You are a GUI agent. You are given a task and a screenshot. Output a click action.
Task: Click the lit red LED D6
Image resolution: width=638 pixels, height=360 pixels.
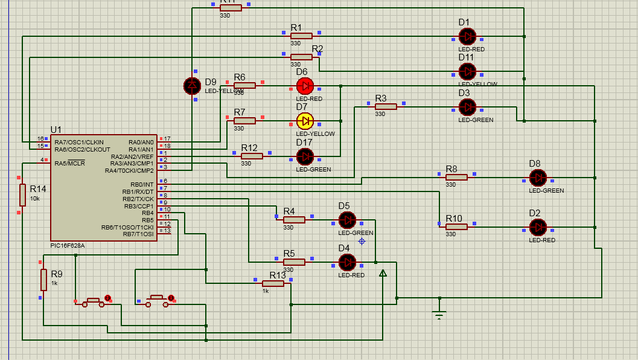tap(305, 85)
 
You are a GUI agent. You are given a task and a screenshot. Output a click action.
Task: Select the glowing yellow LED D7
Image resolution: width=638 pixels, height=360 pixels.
tap(305, 120)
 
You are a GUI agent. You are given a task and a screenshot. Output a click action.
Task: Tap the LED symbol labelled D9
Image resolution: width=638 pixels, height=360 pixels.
tap(192, 86)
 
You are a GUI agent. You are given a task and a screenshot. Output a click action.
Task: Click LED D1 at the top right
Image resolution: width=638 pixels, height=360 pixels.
tap(467, 36)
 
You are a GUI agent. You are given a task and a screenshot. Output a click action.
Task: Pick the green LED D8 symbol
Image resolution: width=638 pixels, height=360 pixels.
tap(537, 178)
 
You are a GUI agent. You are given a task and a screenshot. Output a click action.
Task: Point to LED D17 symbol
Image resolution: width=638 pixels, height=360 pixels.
tap(305, 156)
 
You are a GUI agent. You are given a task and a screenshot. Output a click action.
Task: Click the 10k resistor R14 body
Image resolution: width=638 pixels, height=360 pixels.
tap(22, 195)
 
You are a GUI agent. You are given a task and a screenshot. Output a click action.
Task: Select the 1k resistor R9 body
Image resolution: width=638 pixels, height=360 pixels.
tap(43, 280)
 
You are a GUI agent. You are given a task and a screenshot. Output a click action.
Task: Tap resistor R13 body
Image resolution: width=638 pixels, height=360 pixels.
tap(273, 283)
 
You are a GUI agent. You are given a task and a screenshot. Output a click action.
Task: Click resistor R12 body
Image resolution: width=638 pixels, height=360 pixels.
tap(252, 156)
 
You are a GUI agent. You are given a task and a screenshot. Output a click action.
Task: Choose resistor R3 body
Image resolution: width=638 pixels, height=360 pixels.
tap(386, 106)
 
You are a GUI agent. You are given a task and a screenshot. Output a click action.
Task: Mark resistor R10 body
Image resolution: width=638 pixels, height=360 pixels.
tap(457, 227)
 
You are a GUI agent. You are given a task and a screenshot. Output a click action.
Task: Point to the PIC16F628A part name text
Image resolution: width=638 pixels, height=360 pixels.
tap(68, 245)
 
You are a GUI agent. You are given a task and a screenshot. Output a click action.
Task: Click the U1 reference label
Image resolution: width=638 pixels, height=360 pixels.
tap(56, 130)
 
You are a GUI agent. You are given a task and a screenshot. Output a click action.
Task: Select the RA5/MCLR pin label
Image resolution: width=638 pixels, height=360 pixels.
tap(69, 163)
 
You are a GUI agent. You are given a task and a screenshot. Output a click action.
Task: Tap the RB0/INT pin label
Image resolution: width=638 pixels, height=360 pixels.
tap(141, 184)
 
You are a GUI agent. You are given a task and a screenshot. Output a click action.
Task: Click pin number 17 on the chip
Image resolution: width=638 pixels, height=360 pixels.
tap(167, 139)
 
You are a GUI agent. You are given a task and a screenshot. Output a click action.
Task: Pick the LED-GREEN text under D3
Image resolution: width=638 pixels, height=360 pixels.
tap(476, 120)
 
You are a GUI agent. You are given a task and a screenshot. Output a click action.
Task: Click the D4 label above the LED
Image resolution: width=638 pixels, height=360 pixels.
tap(344, 248)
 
